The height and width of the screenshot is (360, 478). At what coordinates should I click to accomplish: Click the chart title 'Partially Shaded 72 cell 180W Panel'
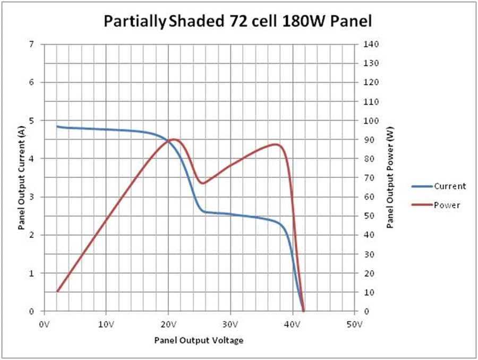pyautogui.click(x=237, y=21)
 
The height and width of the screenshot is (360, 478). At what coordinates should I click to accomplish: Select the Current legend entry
pyautogui.click(x=449, y=186)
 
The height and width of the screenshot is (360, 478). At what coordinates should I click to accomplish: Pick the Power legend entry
pyautogui.click(x=447, y=205)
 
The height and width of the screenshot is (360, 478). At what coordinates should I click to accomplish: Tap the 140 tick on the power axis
pyautogui.click(x=371, y=44)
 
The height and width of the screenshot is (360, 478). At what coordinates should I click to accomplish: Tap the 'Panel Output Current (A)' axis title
pyautogui.click(x=21, y=181)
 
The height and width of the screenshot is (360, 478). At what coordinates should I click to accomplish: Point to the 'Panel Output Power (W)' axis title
pyautogui.click(x=390, y=181)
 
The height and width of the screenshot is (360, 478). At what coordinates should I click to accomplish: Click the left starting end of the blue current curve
pyautogui.click(x=57, y=126)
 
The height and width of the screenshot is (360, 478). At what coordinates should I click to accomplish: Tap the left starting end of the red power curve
pyautogui.click(x=57, y=291)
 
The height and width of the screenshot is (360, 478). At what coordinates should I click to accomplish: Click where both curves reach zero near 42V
pyautogui.click(x=303, y=311)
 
